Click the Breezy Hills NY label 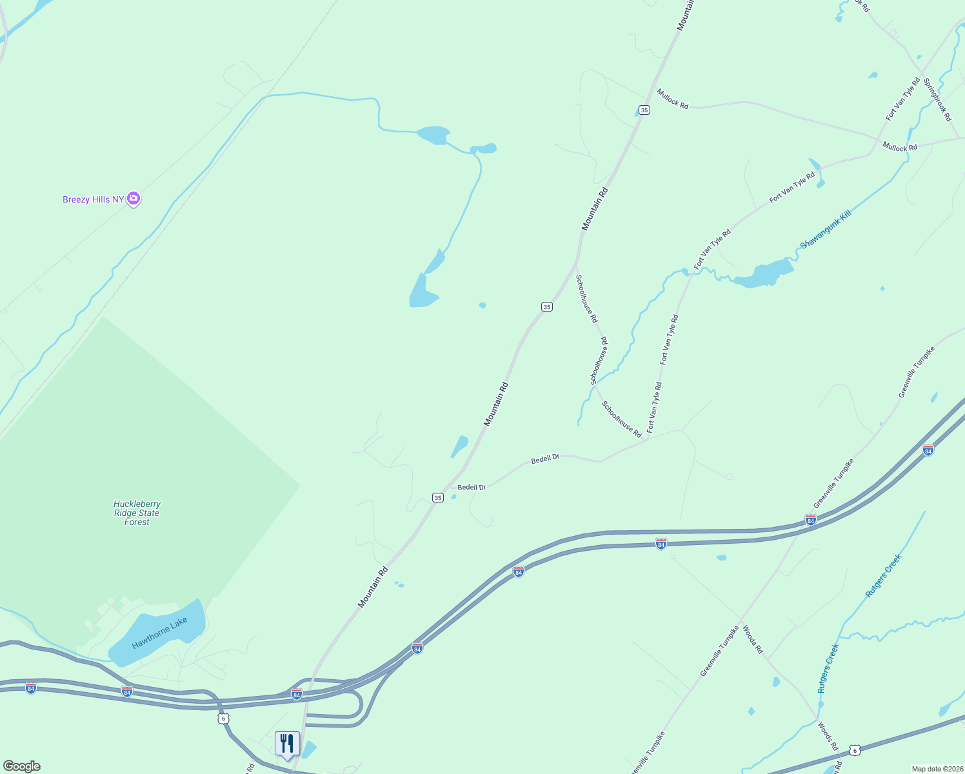[x=94, y=199]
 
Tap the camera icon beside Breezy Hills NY [x=134, y=199]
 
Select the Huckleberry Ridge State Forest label [x=137, y=513]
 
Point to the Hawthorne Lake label [x=159, y=633]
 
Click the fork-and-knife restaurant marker [x=287, y=743]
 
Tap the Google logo [x=21, y=766]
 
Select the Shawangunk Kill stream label [x=825, y=230]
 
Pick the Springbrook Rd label [x=937, y=100]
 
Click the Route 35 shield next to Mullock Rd [x=644, y=110]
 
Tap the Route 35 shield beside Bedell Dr [x=438, y=497]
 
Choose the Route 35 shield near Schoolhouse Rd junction [x=547, y=307]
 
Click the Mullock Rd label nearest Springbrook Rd [x=899, y=147]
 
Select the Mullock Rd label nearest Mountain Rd [x=672, y=99]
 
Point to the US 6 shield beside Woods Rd [x=855, y=750]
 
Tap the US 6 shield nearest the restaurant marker [x=223, y=718]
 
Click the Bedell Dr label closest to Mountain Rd [x=472, y=488]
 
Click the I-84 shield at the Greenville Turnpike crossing [x=811, y=519]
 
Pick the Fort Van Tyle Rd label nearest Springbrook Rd [x=903, y=99]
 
